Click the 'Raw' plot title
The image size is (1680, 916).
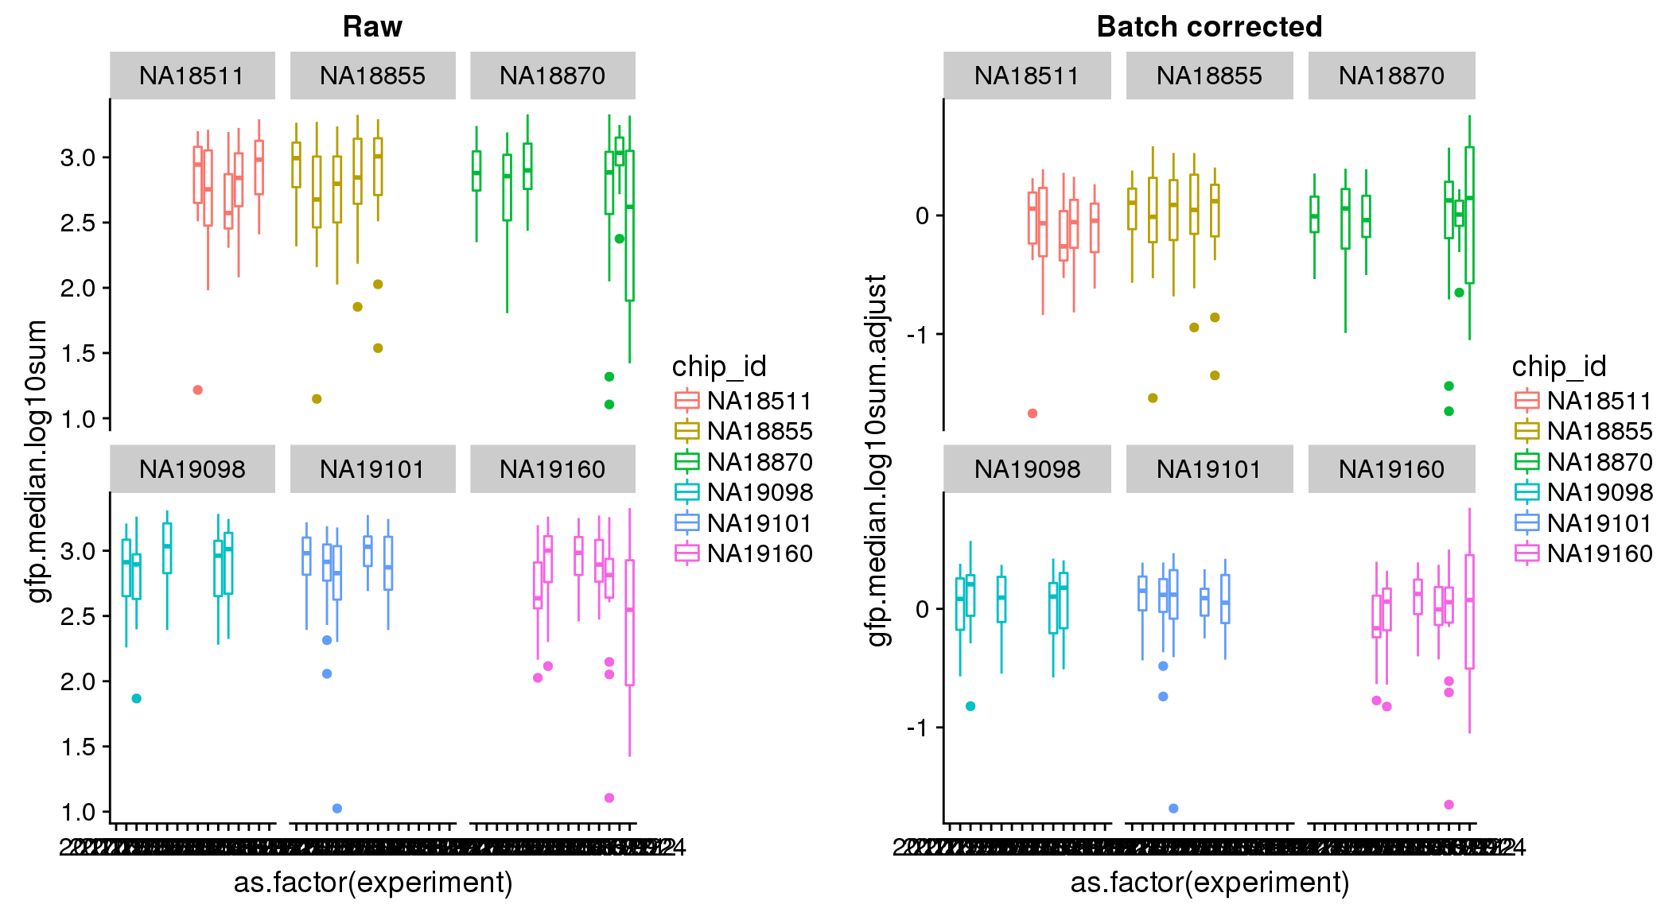tap(372, 27)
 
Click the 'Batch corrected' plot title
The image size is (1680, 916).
tap(1209, 27)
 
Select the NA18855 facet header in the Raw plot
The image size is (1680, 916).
tap(372, 76)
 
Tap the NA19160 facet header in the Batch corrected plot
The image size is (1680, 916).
tap(1391, 469)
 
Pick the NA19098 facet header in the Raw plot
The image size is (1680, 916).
tap(192, 469)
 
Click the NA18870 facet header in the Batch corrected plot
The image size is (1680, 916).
tap(1391, 76)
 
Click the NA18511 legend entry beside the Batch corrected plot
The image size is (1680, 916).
tap(1599, 401)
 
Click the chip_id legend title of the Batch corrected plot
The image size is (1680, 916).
tap(1558, 367)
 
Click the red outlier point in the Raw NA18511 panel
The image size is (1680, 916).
tap(198, 390)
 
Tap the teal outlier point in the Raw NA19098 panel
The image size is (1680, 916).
tap(137, 698)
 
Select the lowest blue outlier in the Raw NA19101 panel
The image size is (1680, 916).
tap(337, 808)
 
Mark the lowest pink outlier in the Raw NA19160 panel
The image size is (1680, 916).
tap(609, 798)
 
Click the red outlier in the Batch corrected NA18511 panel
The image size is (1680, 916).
tap(1032, 413)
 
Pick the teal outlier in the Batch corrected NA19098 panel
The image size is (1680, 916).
tap(970, 706)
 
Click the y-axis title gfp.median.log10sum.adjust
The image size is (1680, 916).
tap(877, 460)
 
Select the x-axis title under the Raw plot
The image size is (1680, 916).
tap(372, 883)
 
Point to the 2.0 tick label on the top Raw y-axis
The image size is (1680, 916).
tap(77, 289)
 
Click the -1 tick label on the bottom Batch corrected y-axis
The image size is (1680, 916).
tap(917, 728)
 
